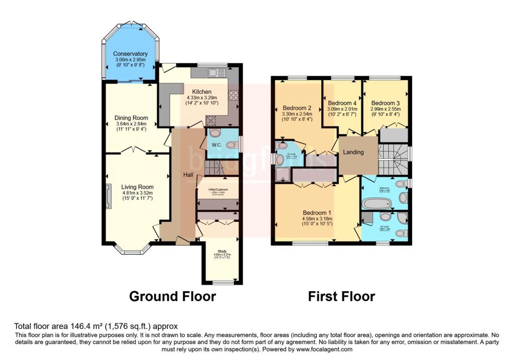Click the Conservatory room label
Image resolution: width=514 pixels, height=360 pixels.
click(x=130, y=54)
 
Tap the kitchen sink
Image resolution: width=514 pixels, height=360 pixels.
click(x=216, y=73)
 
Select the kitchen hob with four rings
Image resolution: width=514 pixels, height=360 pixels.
click(x=233, y=95)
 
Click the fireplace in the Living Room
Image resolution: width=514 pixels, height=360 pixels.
click(x=109, y=195)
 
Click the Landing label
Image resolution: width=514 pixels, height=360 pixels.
click(x=353, y=152)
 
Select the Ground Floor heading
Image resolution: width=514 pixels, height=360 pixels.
click(x=172, y=296)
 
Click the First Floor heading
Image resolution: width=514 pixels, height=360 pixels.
click(x=341, y=296)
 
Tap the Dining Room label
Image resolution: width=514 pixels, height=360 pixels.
click(x=130, y=118)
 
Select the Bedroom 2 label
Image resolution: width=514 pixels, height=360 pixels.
click(x=297, y=107)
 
